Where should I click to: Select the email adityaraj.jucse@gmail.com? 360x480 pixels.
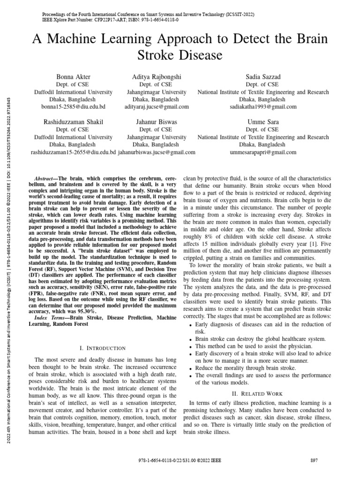coord(157,107)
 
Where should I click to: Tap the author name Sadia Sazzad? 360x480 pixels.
coord(262,76)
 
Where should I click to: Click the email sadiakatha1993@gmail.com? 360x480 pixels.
coord(262,107)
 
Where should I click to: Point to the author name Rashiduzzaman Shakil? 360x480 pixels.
coord(73,122)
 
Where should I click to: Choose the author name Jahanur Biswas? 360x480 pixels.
coord(157,122)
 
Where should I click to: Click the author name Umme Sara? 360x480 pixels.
coord(262,122)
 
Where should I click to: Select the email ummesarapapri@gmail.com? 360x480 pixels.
coord(262,152)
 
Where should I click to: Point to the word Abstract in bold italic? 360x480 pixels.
coord(45,179)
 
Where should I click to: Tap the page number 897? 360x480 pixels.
coord(315,461)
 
